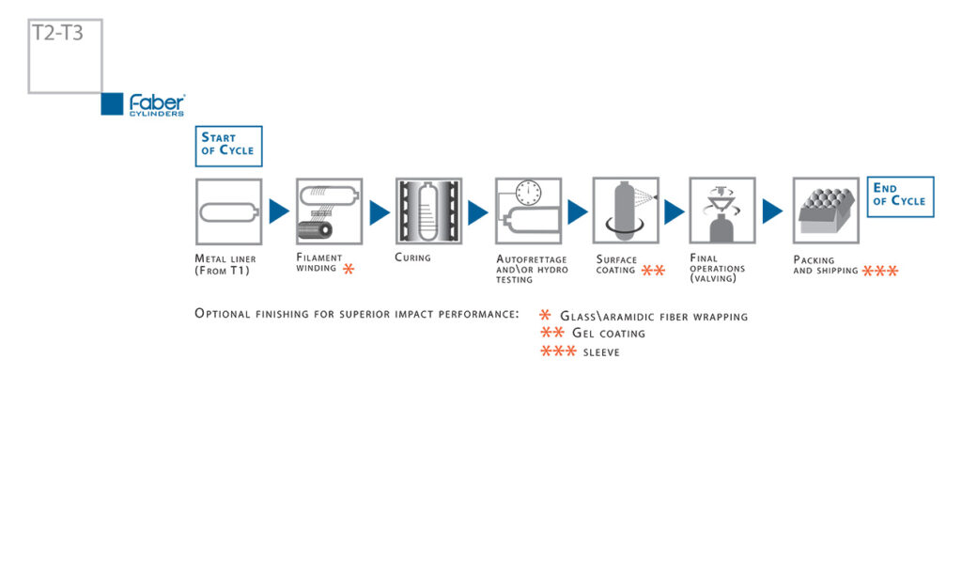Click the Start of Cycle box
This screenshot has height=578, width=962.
click(229, 146)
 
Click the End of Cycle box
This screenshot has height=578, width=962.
click(900, 197)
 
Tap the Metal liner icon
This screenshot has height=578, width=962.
click(229, 211)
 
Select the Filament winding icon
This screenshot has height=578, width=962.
click(330, 211)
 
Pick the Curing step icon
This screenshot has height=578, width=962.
click(428, 211)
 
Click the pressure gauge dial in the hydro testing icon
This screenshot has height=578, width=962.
click(528, 193)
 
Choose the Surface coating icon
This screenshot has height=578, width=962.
click(626, 211)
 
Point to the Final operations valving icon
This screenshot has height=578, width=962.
click(722, 211)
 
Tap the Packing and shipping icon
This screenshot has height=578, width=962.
click(826, 211)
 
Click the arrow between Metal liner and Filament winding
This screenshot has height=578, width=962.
click(278, 211)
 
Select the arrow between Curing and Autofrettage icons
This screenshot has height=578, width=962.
click(477, 212)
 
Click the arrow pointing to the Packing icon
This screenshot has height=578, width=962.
click(772, 211)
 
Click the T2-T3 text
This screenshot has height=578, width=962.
click(57, 33)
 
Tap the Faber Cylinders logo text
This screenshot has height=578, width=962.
click(157, 105)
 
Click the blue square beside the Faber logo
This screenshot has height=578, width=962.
click(113, 104)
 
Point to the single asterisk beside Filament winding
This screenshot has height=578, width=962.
click(349, 269)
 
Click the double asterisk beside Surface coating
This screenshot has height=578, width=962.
click(654, 271)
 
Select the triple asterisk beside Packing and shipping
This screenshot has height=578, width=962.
click(879, 271)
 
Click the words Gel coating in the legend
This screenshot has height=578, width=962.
click(609, 334)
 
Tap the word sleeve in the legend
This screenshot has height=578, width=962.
click(601, 352)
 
